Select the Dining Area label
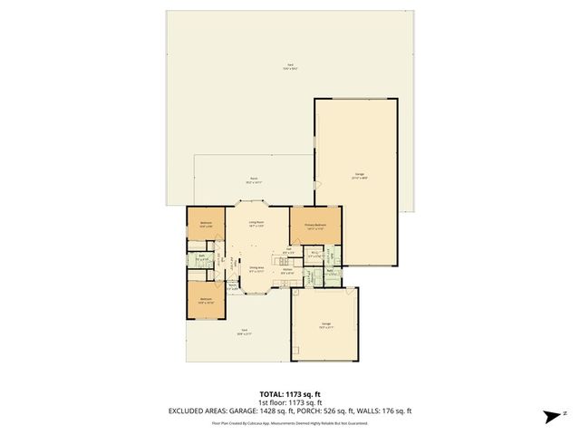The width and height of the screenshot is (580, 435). (x=256, y=268)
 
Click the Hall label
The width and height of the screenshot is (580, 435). (x=288, y=249)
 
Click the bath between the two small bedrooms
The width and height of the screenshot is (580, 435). (x=201, y=257)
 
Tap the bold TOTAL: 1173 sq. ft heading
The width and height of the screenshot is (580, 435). (x=290, y=394)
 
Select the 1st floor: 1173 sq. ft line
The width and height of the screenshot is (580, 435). (x=290, y=402)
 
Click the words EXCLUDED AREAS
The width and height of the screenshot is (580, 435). (x=198, y=411)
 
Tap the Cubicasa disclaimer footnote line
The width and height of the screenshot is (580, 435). (x=290, y=422)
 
